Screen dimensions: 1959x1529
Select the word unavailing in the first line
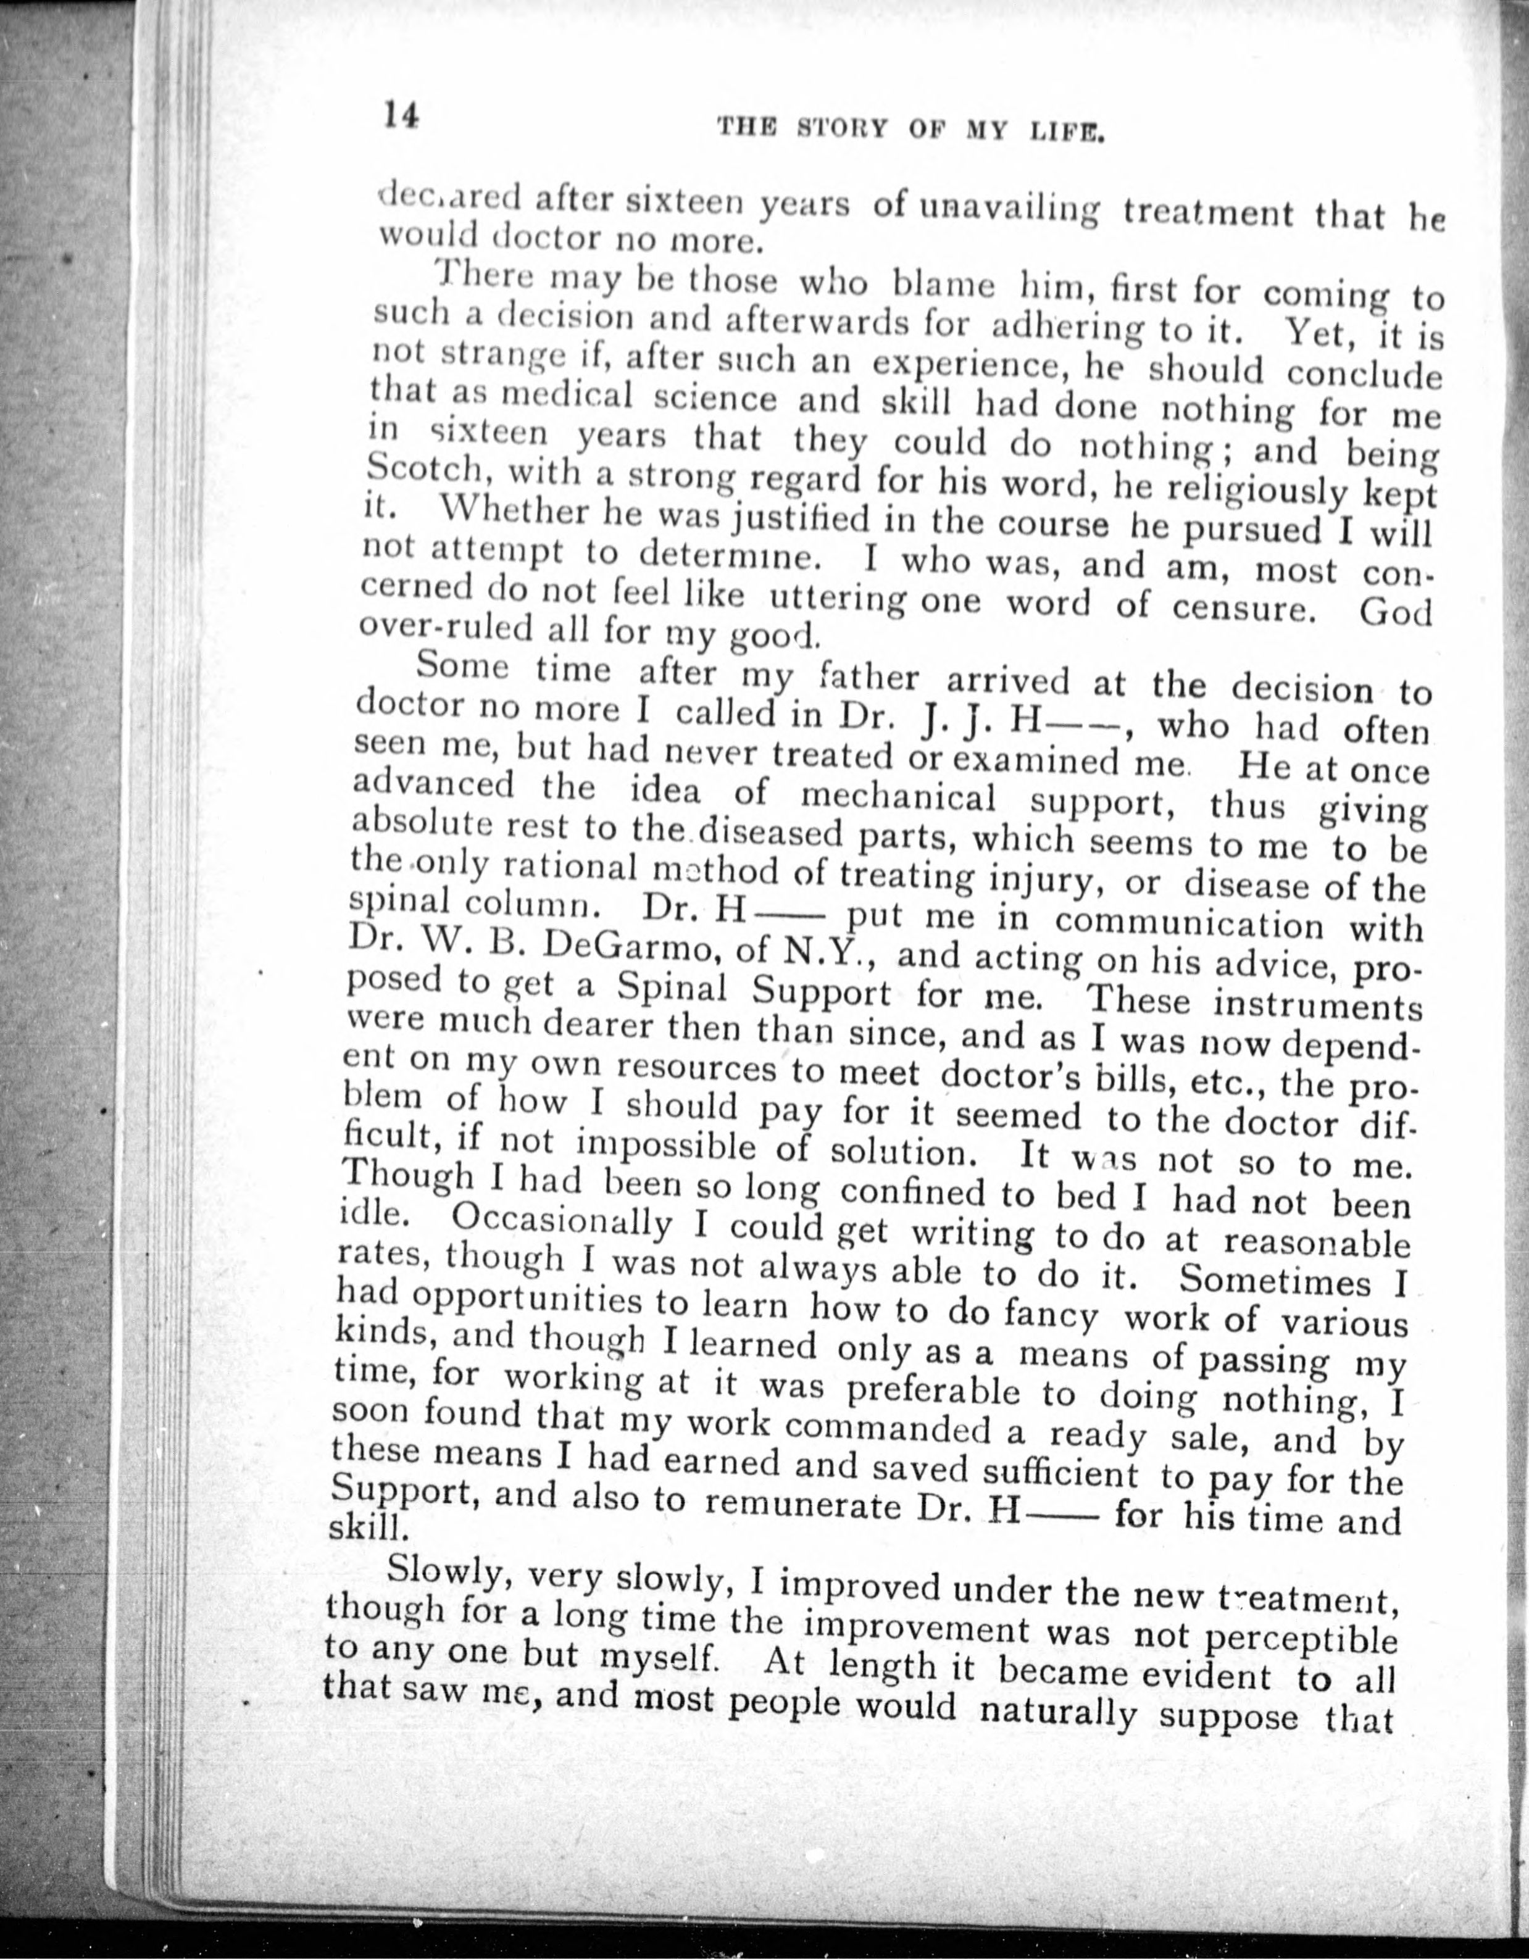1003,212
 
